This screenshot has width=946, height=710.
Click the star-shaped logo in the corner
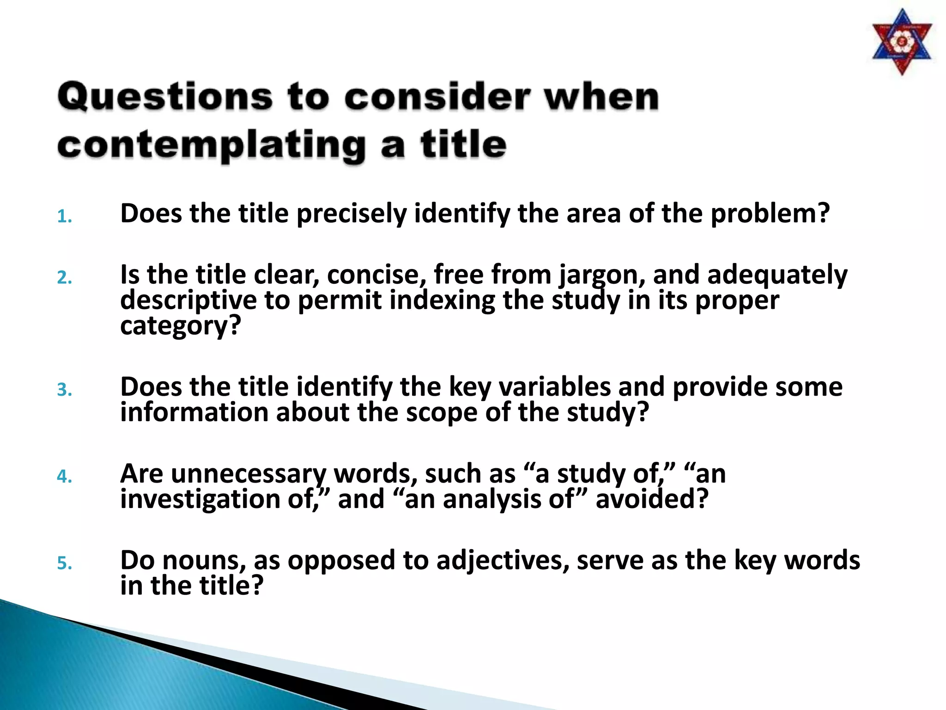(x=902, y=42)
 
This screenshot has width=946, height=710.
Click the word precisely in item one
(x=351, y=214)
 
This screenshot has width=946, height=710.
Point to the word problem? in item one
(x=770, y=214)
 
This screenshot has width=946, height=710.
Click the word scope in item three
(x=441, y=413)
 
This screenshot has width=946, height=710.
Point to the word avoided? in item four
(x=652, y=500)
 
